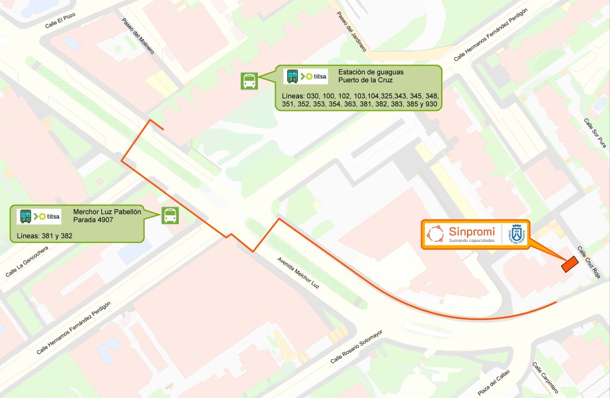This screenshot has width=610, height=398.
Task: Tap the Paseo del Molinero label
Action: tap(138, 36)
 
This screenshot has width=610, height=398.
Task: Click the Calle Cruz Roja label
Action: tap(588, 262)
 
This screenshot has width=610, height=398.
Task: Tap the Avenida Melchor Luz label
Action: tap(298, 273)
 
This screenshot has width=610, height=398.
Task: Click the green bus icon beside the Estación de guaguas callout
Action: tap(249, 81)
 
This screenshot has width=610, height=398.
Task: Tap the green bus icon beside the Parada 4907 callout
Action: tap(170, 216)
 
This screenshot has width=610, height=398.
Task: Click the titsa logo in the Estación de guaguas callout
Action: tap(306, 76)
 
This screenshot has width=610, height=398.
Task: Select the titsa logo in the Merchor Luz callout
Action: tap(40, 216)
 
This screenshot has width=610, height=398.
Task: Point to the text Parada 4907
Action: tap(93, 220)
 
